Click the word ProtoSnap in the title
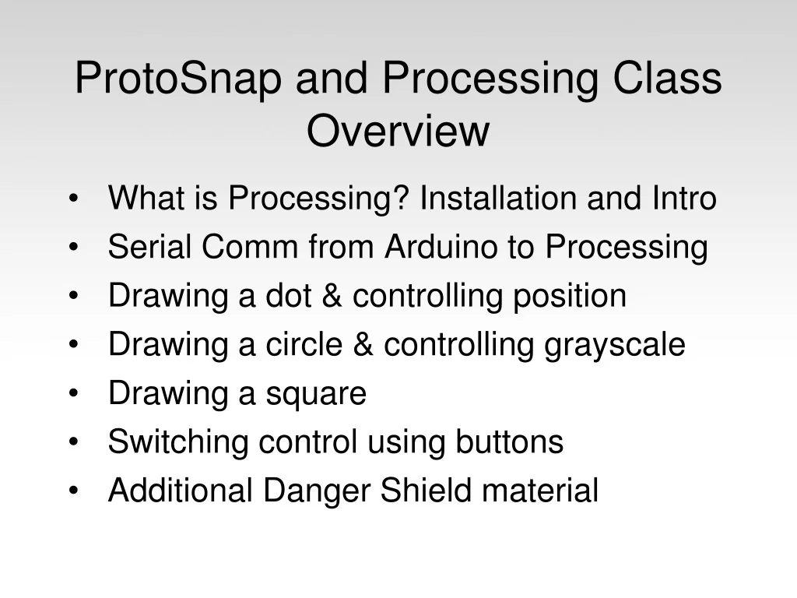coord(178,79)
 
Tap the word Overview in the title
coord(398,131)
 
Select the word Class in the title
coord(667,78)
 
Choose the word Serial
coord(150,247)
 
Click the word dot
coord(288,295)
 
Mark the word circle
coord(304,344)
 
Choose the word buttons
coord(509,441)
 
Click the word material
coord(540,491)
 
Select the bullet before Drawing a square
coord(74,393)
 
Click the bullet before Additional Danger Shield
coord(74,491)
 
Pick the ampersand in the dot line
coord(332,295)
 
